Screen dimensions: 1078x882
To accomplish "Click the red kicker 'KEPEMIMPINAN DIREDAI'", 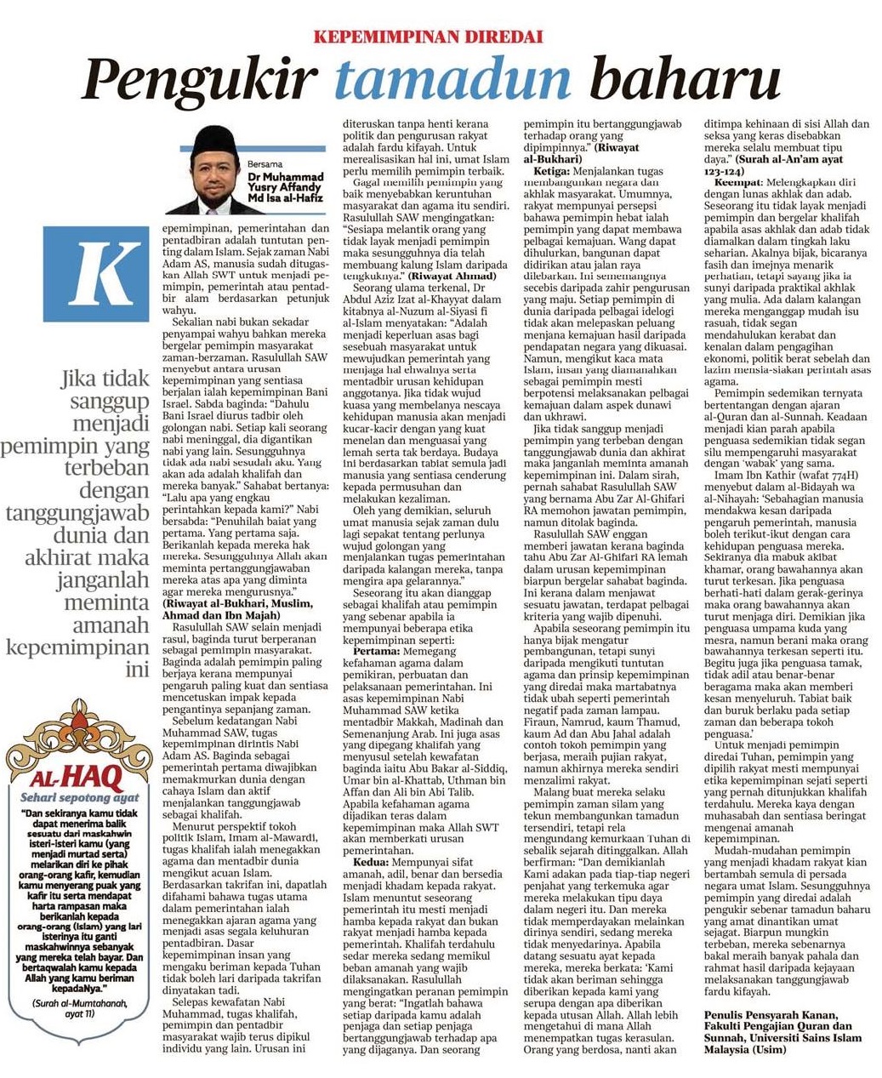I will (x=428, y=37).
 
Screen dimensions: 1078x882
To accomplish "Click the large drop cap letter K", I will (x=106, y=271).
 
